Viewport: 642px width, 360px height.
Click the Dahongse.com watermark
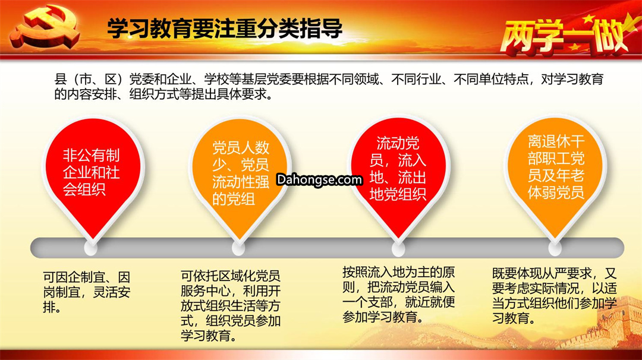click(319, 179)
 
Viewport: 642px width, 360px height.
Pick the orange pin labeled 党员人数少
click(240, 176)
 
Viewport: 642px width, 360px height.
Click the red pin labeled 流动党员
click(398, 176)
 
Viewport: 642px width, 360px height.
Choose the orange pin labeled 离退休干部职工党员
click(555, 176)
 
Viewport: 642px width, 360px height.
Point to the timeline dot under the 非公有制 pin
click(91, 248)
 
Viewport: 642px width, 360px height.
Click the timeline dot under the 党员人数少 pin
click(238, 248)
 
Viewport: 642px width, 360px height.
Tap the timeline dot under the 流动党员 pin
click(398, 248)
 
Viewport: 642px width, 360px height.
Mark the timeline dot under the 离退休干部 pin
click(555, 248)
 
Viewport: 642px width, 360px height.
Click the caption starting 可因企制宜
click(87, 292)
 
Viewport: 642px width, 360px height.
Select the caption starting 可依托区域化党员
click(231, 305)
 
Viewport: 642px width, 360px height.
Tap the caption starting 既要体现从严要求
click(555, 295)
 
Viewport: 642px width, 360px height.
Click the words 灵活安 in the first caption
click(112, 292)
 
